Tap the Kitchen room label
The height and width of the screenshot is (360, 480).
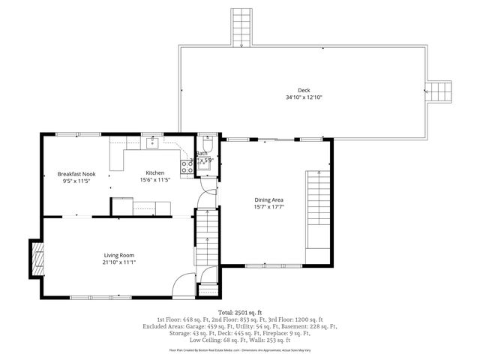(x=155, y=173)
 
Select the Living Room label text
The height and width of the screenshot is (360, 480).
(x=119, y=255)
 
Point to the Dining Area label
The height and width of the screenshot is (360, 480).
(x=268, y=199)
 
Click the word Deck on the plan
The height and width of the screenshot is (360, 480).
(x=303, y=89)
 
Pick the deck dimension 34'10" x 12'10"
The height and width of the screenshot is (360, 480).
(x=303, y=97)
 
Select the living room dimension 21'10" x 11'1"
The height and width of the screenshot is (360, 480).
(x=119, y=263)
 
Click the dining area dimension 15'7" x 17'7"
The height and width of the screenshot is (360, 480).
(x=268, y=207)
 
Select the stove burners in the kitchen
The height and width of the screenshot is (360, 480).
(x=185, y=167)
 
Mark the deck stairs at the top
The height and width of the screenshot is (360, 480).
(x=241, y=28)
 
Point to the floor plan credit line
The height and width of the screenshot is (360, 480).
(x=240, y=349)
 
